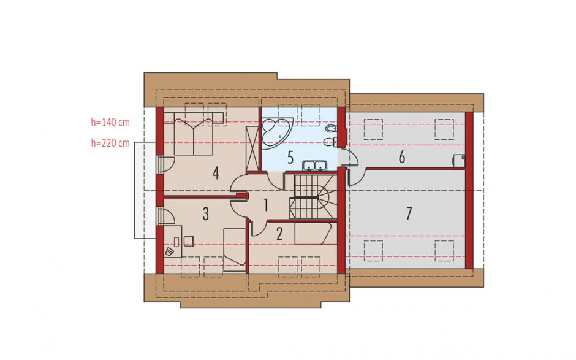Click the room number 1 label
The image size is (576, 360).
pos(266,205)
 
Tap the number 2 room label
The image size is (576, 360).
pos(279,234)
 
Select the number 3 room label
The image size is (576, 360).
pos(206,213)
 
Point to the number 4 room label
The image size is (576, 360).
pos(216,173)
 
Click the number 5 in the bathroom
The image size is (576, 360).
pos(290,158)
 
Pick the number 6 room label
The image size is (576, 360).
pos(402,157)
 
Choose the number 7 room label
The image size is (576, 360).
pos(409,213)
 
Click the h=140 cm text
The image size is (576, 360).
pos(110,123)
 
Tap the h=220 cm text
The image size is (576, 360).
pos(110,143)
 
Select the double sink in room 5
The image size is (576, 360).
pos(314,166)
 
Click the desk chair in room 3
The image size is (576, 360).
pos(189,241)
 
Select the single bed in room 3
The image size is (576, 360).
pos(234,250)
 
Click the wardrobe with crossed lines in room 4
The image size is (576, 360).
pos(252,148)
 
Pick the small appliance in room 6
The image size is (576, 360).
pos(459,161)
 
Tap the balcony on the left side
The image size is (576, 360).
pos(145,190)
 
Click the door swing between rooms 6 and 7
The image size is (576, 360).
pos(357,177)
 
